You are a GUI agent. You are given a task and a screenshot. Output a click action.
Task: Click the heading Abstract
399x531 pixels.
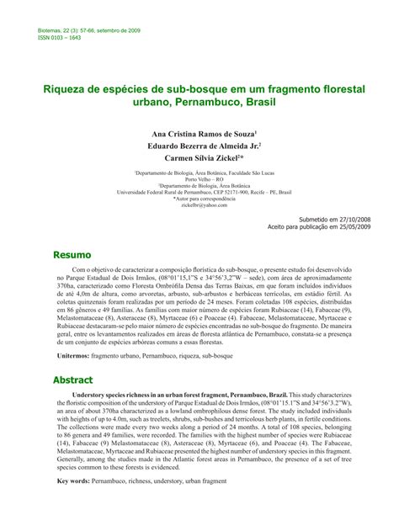tap(75, 380)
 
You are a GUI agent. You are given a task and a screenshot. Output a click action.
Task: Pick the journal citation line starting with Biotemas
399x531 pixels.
tap(89, 30)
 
